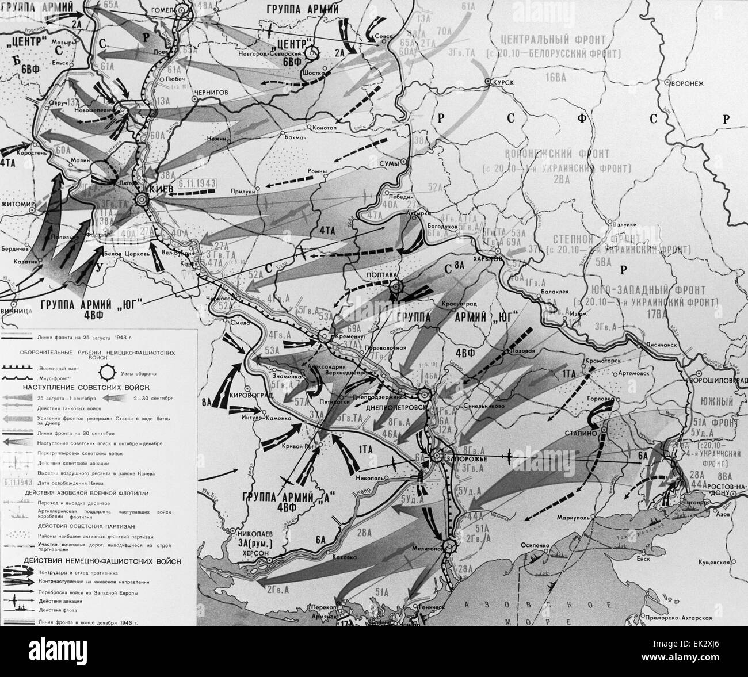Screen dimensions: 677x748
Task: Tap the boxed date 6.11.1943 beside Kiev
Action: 195,183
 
